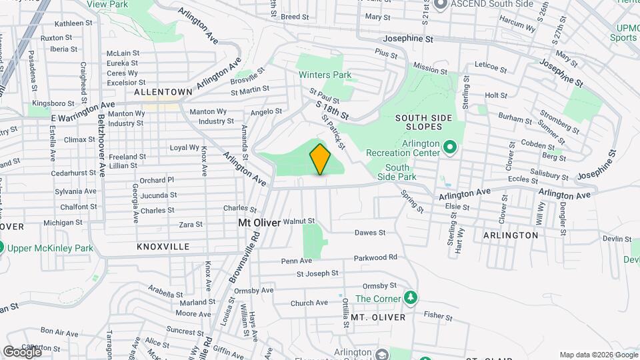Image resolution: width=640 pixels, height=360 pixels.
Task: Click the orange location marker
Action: point(321,159)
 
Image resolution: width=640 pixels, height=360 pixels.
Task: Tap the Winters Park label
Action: point(325,75)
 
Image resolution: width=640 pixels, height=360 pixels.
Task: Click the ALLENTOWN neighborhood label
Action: point(163,91)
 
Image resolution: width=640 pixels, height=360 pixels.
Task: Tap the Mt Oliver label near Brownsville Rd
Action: point(259,224)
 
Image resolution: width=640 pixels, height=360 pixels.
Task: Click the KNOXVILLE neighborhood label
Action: point(163,247)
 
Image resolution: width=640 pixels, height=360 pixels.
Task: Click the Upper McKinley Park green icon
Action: point(3,247)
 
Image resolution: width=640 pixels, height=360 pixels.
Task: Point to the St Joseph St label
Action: point(318,274)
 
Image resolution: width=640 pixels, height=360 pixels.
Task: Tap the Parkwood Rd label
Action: point(375,257)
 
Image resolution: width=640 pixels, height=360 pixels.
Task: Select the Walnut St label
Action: point(298,221)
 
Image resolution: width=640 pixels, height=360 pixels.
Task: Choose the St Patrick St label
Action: point(334,131)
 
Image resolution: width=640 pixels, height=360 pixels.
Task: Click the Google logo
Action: point(21,351)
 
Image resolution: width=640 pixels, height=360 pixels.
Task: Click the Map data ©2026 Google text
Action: point(597,355)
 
